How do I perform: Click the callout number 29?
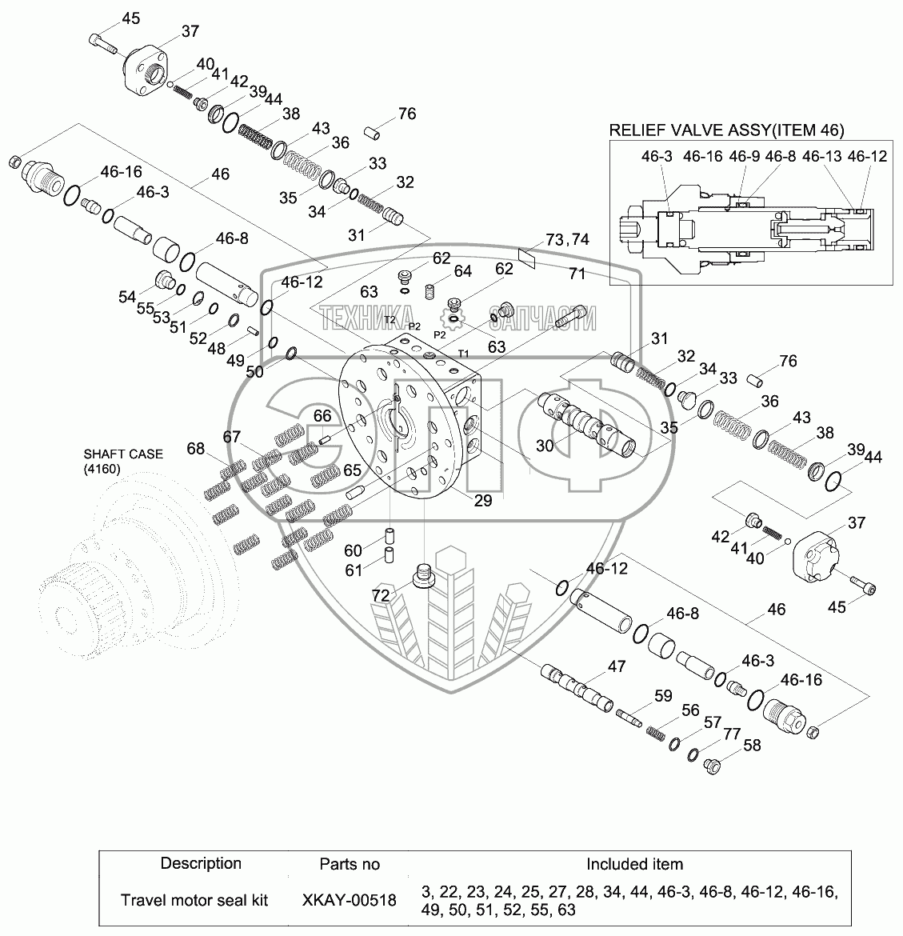482,501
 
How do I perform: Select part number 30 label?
545,446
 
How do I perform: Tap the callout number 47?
616,666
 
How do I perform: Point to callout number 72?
381,596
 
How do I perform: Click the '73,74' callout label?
566,240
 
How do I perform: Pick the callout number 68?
196,448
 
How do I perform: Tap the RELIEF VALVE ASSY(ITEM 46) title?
726,130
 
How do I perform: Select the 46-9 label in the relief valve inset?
744,157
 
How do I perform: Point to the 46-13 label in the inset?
823,157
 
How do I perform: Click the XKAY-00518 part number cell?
349,900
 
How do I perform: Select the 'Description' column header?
201,863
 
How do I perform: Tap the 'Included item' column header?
634,864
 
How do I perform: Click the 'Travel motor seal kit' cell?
194,900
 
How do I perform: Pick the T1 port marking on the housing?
463,354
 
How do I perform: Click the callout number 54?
127,297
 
